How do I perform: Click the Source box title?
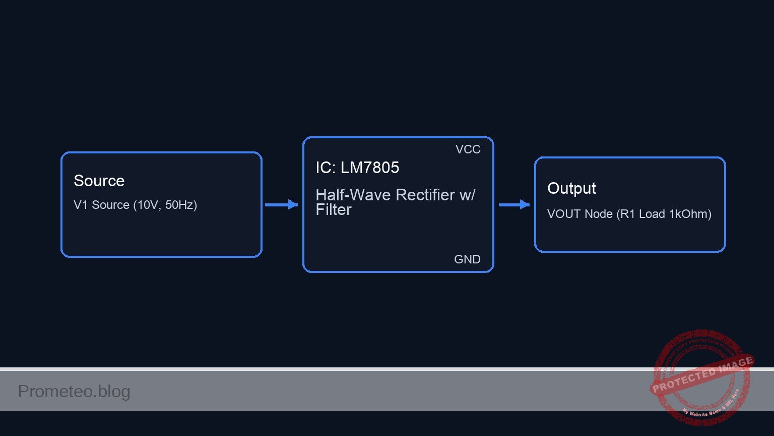click(99, 181)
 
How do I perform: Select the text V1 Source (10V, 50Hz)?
click(135, 205)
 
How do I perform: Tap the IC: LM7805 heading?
click(357, 168)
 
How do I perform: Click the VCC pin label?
click(468, 149)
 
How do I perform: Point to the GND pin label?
click(467, 259)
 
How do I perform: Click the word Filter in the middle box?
click(334, 210)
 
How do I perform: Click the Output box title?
click(571, 188)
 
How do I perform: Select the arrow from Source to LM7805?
click(281, 204)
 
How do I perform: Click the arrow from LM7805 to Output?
click(514, 204)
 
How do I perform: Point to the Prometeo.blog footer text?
click(74, 392)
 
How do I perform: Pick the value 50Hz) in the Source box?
click(181, 205)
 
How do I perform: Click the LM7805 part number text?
click(370, 168)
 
